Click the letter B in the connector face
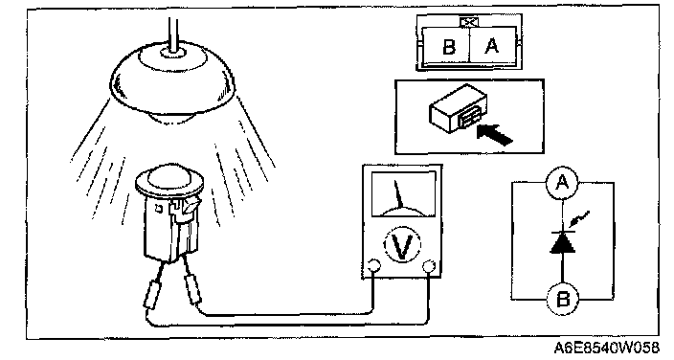click(x=449, y=46)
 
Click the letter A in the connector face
click(x=492, y=45)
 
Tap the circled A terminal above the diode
click(x=562, y=182)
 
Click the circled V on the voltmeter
click(x=401, y=245)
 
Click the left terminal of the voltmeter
click(x=372, y=267)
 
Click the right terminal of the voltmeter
click(x=429, y=267)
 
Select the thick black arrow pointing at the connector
click(x=494, y=133)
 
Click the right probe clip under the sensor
click(x=192, y=289)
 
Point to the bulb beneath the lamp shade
click(x=172, y=117)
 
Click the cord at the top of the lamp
click(x=172, y=34)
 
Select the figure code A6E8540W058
click(x=606, y=348)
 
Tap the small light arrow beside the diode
click(x=578, y=219)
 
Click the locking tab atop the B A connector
click(x=468, y=22)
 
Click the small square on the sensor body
click(x=159, y=209)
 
